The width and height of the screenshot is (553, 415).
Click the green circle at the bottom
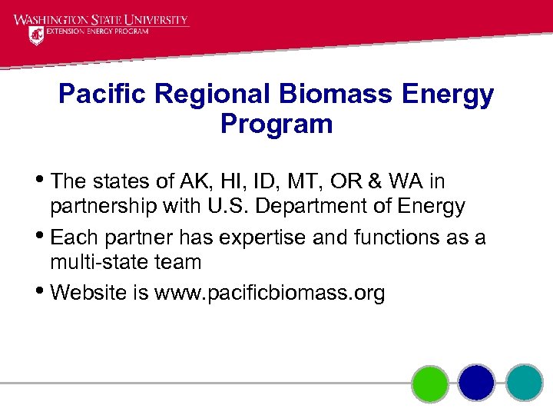(430, 383)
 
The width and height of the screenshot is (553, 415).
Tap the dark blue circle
(477, 383)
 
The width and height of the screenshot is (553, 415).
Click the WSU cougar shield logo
(36, 35)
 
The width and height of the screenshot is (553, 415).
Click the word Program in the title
(276, 124)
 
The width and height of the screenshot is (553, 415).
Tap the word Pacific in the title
(105, 95)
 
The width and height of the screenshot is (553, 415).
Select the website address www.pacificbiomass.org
(270, 293)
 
